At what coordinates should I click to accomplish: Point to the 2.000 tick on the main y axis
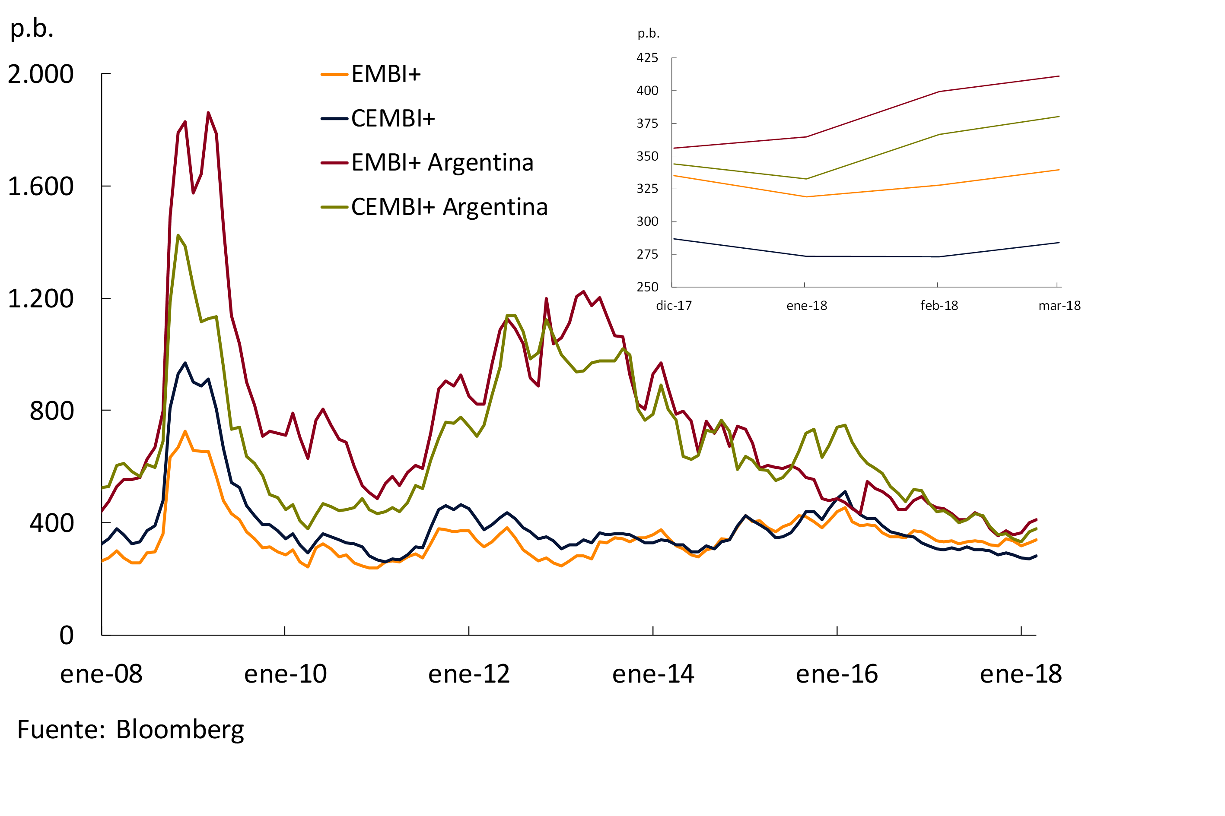click(x=41, y=74)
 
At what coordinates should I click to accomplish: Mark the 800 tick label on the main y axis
click(x=51, y=411)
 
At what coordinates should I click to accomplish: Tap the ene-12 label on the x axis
click(x=469, y=674)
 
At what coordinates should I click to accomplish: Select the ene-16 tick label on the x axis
click(x=837, y=674)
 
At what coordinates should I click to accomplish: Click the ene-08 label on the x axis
click(x=101, y=674)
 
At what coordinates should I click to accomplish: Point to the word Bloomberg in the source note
click(x=180, y=730)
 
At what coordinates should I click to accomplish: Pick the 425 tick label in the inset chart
click(x=647, y=58)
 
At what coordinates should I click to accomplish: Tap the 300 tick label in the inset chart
click(x=647, y=221)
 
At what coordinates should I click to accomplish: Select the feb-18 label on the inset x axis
click(x=939, y=306)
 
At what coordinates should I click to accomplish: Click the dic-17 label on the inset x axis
click(x=674, y=306)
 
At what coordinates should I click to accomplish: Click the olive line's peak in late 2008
click(x=178, y=235)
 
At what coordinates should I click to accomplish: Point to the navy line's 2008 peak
click(x=185, y=363)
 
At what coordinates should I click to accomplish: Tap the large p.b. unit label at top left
click(x=32, y=28)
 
